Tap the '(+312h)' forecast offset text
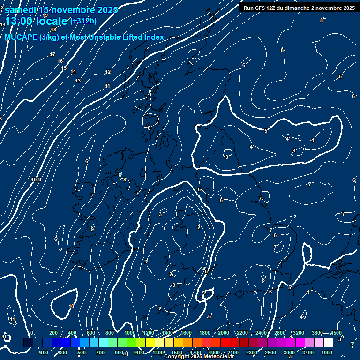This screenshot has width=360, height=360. [x=83, y=21]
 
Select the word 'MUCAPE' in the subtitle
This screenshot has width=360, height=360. [x=20, y=37]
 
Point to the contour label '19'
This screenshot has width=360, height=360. [x=45, y=15]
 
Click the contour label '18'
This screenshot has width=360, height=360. [x=53, y=30]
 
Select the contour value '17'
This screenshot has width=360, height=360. [x=52, y=55]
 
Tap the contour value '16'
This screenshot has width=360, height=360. [x=60, y=61]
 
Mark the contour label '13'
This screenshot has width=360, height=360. [x=78, y=81]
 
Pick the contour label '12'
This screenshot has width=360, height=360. [x=108, y=72]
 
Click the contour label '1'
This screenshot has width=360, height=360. [x=187, y=231]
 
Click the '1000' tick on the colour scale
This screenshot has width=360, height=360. [x=130, y=333]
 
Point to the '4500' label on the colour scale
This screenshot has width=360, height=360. [x=336, y=333]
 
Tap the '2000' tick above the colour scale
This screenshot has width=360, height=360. [x=224, y=333]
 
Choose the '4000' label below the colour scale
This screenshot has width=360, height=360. [x=327, y=352]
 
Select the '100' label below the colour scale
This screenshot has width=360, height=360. [x=45, y=352]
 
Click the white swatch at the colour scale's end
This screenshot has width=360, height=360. [x=328, y=343]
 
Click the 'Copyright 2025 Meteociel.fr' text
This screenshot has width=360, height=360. [x=199, y=357]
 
